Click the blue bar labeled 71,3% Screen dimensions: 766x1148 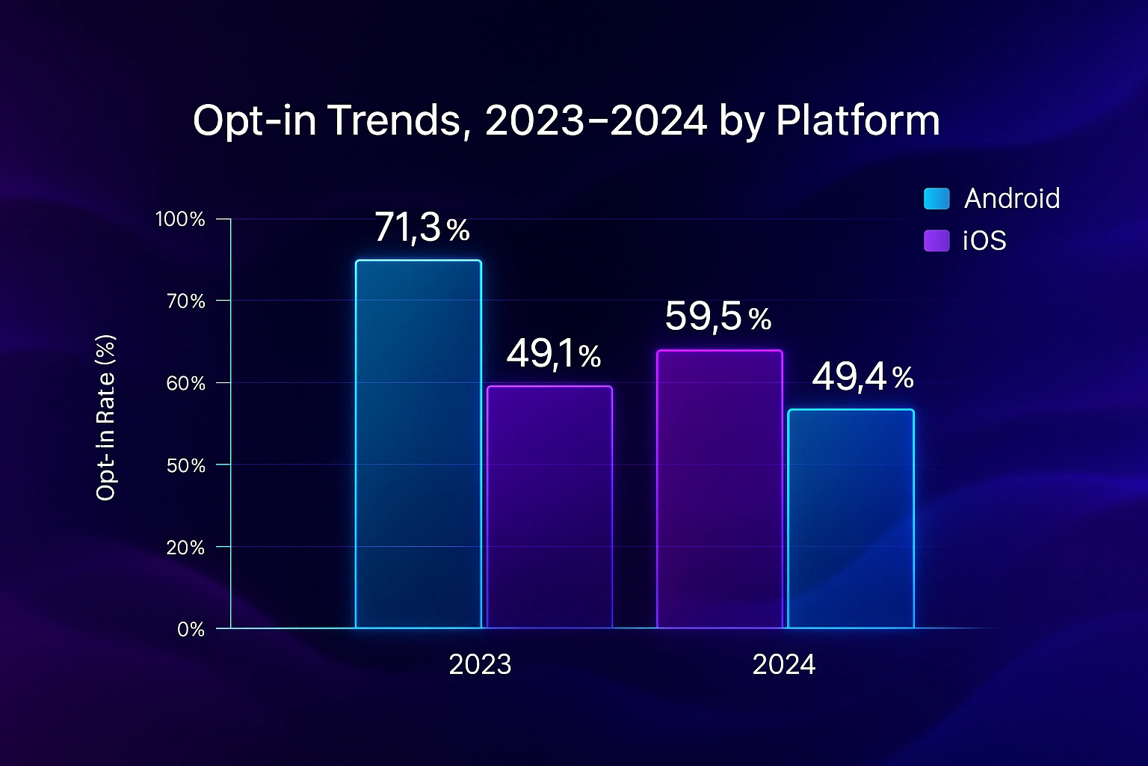point(418,444)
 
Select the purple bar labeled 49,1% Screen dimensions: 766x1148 point(549,507)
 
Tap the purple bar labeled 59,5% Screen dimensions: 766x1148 point(719,489)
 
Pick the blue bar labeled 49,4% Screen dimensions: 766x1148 point(851,519)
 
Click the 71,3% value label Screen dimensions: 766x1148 point(422,227)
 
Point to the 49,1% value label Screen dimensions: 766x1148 point(553,354)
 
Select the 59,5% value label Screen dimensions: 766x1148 point(717,316)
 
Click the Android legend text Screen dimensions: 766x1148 point(1012,198)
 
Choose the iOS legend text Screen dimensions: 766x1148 point(984,241)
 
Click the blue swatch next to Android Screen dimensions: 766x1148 point(936,198)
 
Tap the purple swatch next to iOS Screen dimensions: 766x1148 point(936,241)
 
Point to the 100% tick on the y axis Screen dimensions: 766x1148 point(180,219)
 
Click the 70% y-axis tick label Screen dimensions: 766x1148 point(185,301)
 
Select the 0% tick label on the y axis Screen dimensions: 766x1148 point(191,629)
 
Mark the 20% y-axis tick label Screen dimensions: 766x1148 point(185,547)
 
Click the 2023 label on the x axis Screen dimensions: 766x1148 point(480,664)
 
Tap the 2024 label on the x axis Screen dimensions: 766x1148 point(783,664)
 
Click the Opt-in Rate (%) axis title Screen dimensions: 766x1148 point(106,417)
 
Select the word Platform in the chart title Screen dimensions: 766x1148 point(857,120)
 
